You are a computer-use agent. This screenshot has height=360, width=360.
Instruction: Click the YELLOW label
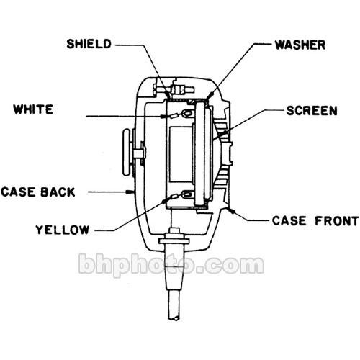click(62, 230)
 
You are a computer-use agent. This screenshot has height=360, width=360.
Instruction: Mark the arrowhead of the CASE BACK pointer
click(127, 192)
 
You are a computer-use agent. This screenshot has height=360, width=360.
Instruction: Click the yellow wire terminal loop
click(186, 194)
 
